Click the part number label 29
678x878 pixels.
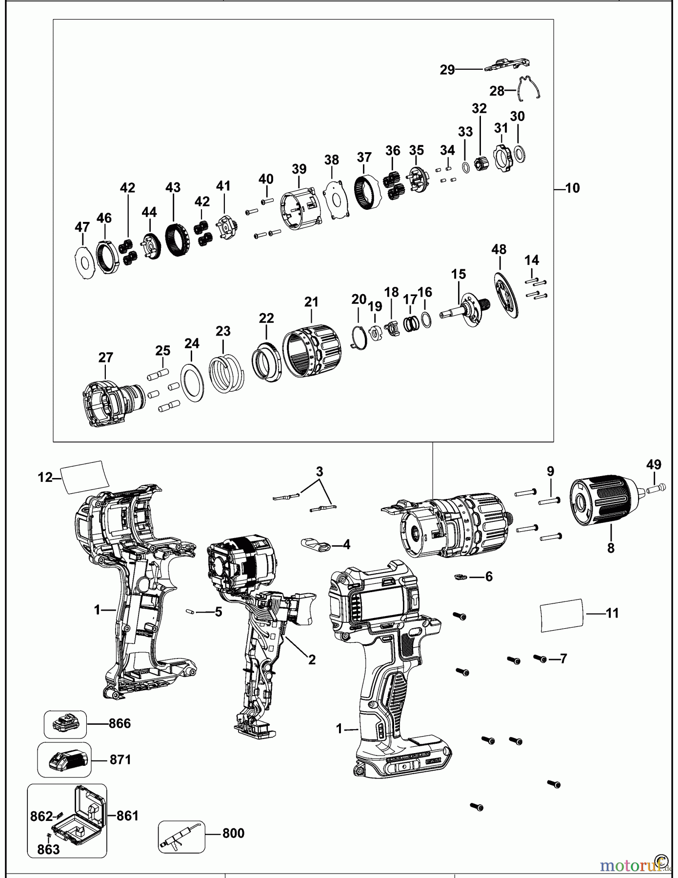pos(447,70)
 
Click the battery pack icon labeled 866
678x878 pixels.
pos(65,724)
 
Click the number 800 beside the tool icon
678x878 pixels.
pos(233,833)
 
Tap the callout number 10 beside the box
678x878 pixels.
pos(572,188)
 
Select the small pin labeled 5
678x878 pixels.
pos(191,611)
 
